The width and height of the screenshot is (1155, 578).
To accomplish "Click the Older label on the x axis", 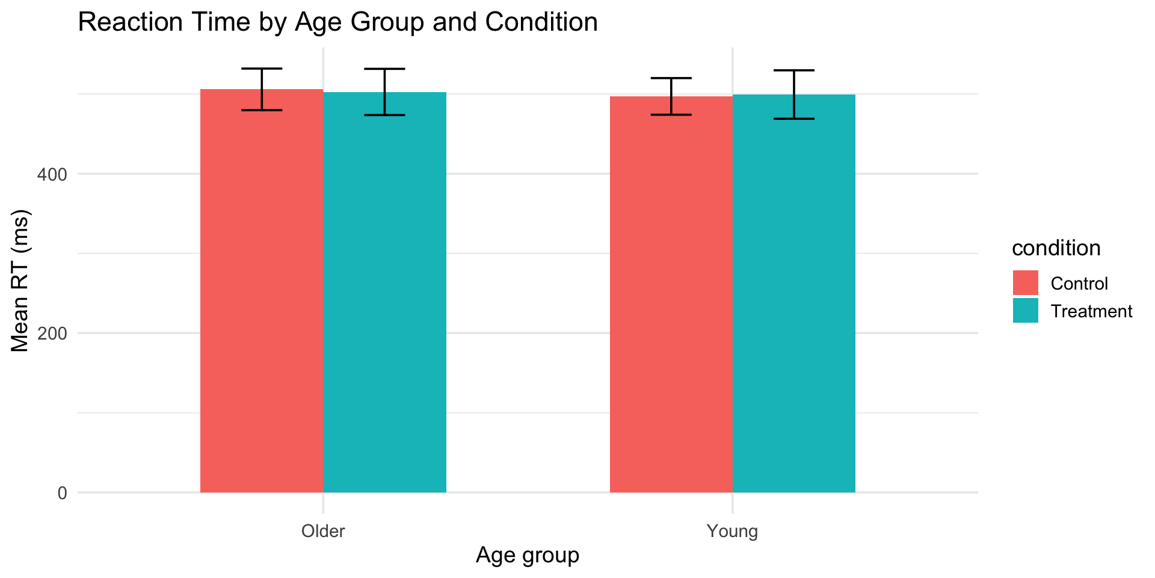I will click(x=323, y=532).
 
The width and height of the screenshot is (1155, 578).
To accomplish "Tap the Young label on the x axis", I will click(x=732, y=532).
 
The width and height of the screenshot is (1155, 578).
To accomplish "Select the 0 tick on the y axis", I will click(x=62, y=493).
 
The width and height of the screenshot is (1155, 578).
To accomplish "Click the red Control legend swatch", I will click(x=1025, y=283).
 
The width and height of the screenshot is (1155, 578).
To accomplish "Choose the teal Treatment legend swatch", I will click(x=1025, y=311).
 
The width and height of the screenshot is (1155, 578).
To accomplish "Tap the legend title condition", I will click(x=1056, y=248).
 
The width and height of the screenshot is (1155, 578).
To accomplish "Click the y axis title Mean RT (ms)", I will click(x=20, y=281).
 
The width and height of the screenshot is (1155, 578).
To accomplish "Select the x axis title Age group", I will click(x=528, y=555).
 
